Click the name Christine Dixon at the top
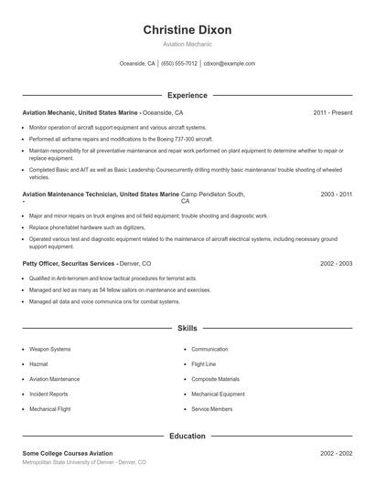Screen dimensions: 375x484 click(187, 30)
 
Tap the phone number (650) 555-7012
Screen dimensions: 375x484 click(179, 64)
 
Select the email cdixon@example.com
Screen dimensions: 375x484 click(229, 64)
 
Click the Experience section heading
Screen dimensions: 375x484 click(187, 95)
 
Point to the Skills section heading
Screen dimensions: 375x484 click(187, 327)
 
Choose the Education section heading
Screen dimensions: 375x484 click(187, 437)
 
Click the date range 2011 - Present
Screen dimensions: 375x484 click(332, 113)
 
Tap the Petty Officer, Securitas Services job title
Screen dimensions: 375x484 click(70, 263)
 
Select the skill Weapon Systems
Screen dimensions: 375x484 click(49, 349)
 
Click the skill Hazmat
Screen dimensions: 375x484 click(38, 363)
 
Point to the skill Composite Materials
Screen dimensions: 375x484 click(215, 379)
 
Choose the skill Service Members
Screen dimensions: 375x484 click(211, 408)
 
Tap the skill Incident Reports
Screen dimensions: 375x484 click(48, 394)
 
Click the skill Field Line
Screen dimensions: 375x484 click(204, 363)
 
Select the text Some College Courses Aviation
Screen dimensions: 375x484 click(67, 453)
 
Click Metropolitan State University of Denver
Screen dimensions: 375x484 click(68, 463)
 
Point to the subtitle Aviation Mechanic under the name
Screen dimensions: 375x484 click(187, 44)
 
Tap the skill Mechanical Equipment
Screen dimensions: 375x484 click(218, 394)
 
